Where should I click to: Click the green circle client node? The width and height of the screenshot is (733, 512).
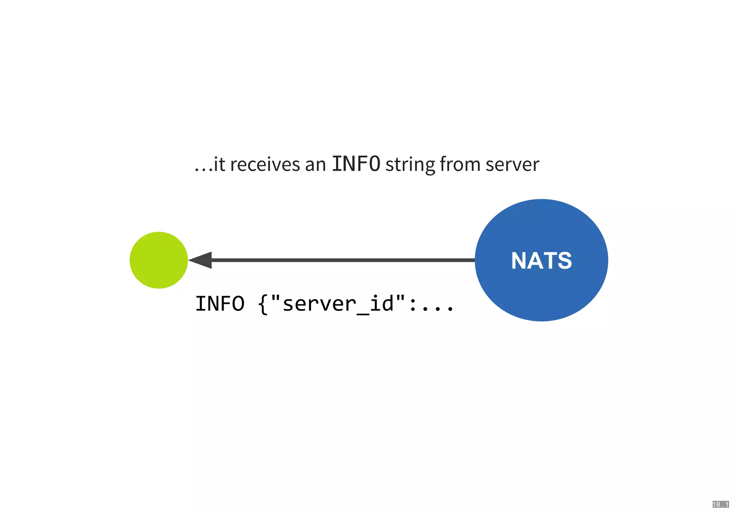coord(159,260)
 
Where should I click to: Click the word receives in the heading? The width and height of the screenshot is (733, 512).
coord(265,165)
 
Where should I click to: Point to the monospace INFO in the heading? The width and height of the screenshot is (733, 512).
coord(356,164)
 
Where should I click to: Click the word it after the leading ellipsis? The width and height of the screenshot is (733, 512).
coord(219,165)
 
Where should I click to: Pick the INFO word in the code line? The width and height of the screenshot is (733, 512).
coord(220,304)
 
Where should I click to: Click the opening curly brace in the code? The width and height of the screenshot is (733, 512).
coord(263,304)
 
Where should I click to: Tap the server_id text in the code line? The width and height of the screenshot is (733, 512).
coord(338,304)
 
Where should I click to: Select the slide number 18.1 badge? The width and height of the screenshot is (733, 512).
coord(720,504)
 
